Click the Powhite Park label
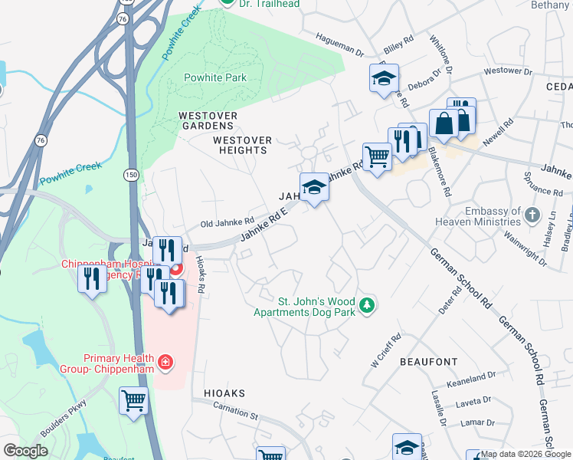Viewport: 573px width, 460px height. pos(215,77)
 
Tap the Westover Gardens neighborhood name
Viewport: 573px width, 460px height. pos(208,120)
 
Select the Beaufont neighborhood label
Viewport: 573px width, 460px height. pos(428,361)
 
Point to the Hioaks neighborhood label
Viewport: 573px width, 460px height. pos(224,393)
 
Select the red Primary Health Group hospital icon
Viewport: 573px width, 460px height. pos(164,361)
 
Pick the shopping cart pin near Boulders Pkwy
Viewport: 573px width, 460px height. pos(134,401)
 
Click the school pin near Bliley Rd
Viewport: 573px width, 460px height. pos(385,78)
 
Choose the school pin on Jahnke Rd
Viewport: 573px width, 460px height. pos(314,187)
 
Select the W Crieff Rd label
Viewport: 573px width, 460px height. pos(386,350)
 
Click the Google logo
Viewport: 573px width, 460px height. pos(25,451)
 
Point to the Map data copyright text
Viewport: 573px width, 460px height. pos(526,454)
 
